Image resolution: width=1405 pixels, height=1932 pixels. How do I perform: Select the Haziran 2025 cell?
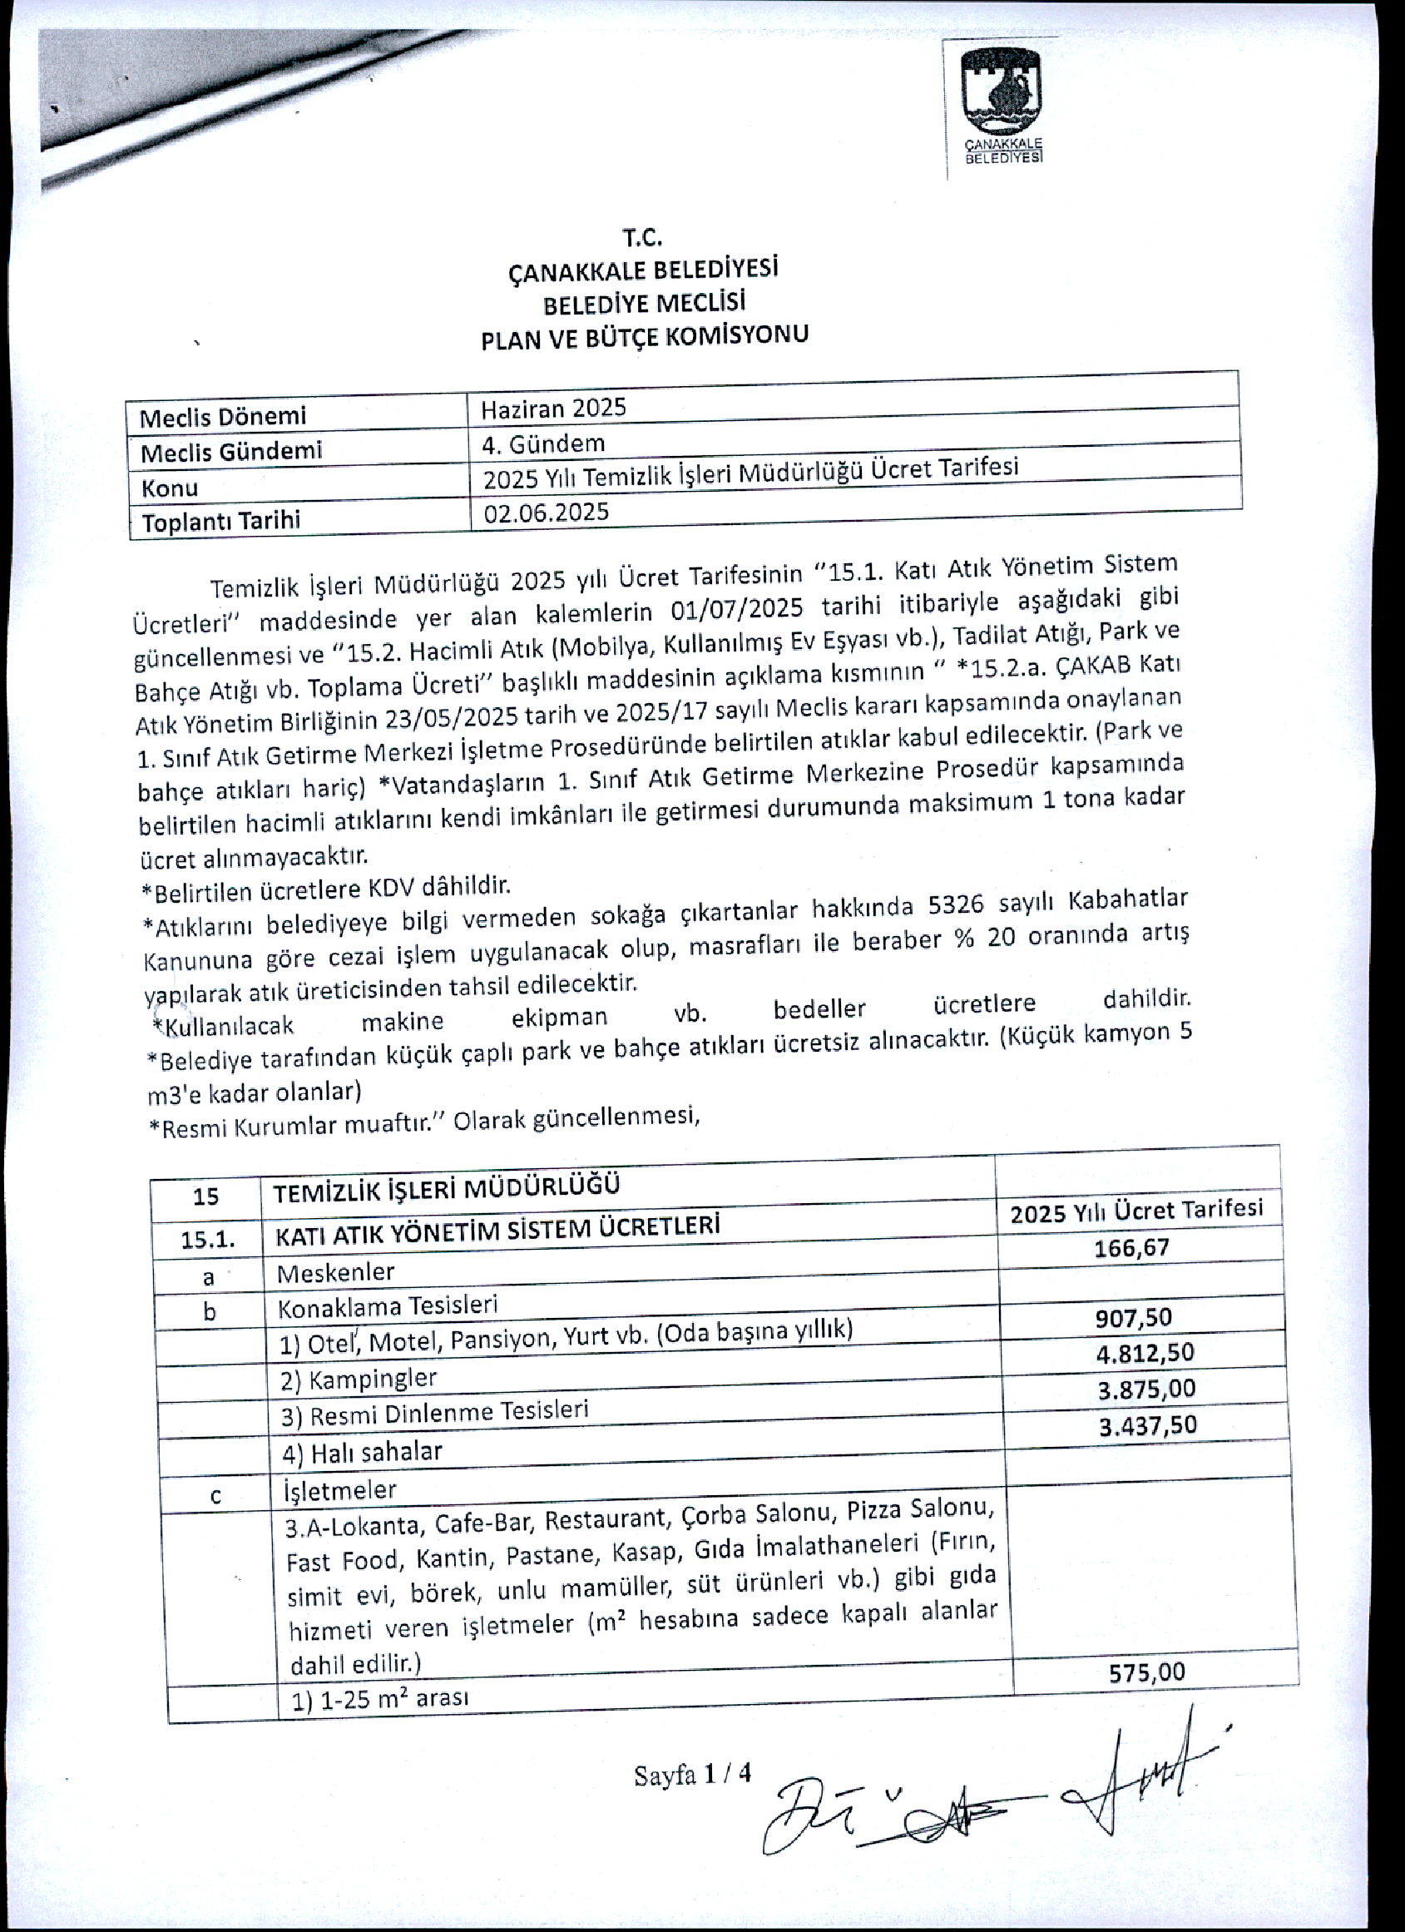click(553, 409)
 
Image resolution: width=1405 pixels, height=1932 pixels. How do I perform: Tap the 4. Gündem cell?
click(543, 443)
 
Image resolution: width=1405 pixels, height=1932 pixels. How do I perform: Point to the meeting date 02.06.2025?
click(546, 512)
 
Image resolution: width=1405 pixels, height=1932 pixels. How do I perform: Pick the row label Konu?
click(170, 488)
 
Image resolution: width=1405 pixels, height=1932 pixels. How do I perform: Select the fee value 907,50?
click(1133, 1319)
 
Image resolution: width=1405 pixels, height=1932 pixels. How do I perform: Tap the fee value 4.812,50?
click(1145, 1354)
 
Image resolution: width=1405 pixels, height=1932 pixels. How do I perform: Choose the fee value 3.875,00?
click(1146, 1390)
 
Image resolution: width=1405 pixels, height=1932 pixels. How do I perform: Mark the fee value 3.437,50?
click(1147, 1425)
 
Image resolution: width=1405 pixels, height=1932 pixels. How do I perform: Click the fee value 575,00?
click(1146, 1672)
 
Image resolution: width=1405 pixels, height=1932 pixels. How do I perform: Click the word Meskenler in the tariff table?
click(335, 1274)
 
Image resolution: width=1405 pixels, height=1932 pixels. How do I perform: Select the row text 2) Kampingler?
click(359, 1380)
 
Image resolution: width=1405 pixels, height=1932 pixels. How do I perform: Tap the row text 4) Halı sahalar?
click(362, 1453)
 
